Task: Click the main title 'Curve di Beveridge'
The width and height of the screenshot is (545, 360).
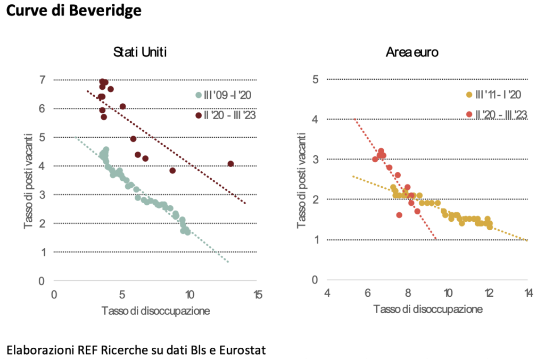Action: (73, 11)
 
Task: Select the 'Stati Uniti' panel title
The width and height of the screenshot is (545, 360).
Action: (140, 52)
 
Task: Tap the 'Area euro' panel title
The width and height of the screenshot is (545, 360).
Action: (412, 52)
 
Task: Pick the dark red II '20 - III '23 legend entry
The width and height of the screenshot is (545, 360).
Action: (226, 115)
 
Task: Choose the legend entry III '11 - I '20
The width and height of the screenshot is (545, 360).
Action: (493, 95)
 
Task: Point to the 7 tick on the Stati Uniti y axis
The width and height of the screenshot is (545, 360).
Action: (43, 80)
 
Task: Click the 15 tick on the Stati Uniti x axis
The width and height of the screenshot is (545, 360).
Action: (258, 295)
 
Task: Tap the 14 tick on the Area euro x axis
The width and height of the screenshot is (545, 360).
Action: (529, 294)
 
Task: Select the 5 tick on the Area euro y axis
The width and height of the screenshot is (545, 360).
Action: (315, 79)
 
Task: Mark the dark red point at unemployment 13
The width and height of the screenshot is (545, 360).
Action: (230, 164)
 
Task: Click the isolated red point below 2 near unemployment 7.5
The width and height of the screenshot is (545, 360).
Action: (399, 215)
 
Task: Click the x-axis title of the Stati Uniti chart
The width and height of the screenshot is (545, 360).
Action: (156, 311)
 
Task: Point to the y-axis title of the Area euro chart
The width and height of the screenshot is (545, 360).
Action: (301, 180)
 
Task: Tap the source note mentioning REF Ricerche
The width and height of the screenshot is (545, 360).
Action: (136, 350)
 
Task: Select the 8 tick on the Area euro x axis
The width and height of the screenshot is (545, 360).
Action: (408, 294)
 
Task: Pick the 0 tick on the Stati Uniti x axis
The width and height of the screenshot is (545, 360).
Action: (54, 295)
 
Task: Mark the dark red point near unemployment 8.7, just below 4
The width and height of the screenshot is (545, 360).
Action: (172, 171)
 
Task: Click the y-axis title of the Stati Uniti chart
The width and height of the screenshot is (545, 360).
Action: (28, 181)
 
